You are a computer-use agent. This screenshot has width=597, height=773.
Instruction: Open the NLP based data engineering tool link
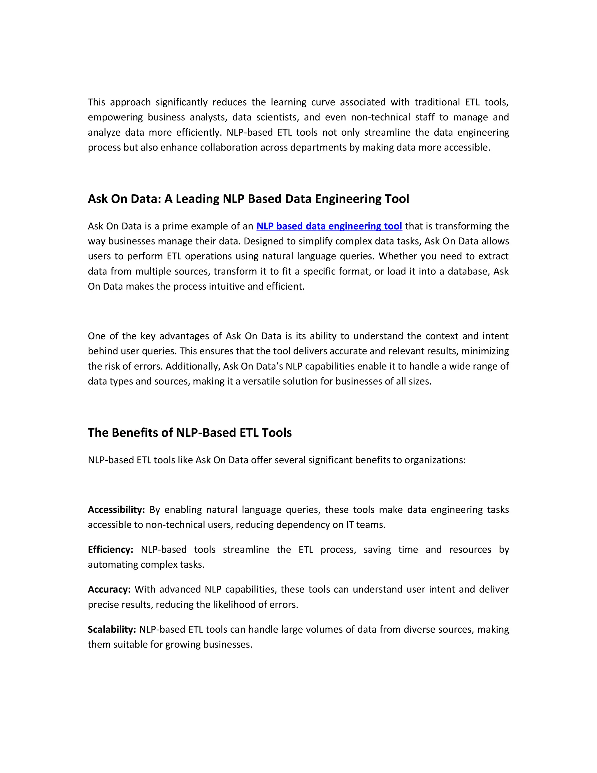[329, 226]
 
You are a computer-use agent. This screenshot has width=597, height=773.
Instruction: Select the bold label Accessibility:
[116, 510]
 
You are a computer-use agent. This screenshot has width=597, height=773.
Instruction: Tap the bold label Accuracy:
[109, 589]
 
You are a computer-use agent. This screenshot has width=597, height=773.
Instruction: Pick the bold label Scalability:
[112, 629]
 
